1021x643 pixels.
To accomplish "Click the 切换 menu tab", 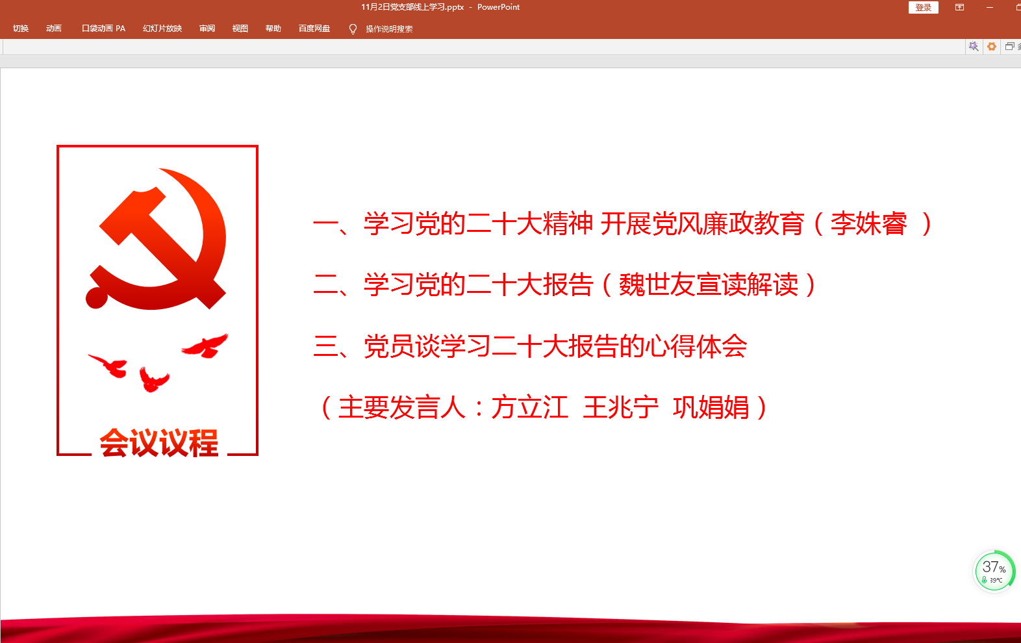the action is (x=21, y=29).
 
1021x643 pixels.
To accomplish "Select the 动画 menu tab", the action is (x=54, y=29).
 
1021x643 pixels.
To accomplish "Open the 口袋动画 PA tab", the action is (x=103, y=29).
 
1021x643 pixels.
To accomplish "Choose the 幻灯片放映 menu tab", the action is (x=162, y=29).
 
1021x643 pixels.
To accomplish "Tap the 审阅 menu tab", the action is (x=207, y=29).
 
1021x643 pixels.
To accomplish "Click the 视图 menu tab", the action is (x=240, y=29).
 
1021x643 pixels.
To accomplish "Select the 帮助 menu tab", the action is (x=273, y=29).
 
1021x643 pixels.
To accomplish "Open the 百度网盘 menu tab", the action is (x=314, y=29).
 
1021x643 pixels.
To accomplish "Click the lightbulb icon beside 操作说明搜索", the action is (x=353, y=29).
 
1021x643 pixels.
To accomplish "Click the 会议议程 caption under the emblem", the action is (x=159, y=442).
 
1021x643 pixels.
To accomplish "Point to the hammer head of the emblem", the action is (x=132, y=216).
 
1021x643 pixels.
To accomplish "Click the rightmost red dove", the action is (x=205, y=346).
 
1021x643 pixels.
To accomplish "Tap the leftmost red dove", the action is (x=109, y=365).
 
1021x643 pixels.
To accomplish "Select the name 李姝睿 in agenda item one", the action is (x=869, y=224).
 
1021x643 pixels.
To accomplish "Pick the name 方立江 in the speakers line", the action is (x=529, y=407).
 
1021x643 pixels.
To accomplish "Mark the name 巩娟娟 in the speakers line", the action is (x=711, y=407).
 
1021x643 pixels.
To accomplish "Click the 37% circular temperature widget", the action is (x=994, y=571).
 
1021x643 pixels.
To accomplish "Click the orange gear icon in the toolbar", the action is (x=991, y=47).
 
